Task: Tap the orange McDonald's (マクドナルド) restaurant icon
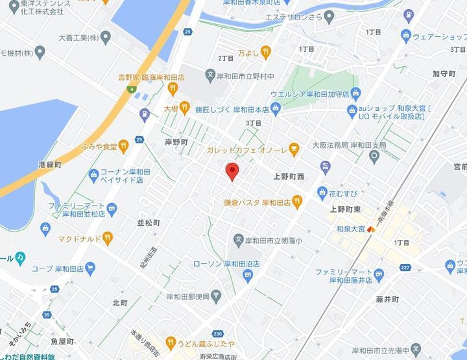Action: point(108,237)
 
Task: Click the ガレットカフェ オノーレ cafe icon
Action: point(294,150)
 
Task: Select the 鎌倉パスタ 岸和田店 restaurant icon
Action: point(297,202)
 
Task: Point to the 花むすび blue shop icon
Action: point(322,192)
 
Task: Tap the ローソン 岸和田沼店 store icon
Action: point(246,276)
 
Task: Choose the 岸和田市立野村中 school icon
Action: point(210,76)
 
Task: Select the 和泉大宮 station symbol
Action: point(370,229)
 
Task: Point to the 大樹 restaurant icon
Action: point(185,108)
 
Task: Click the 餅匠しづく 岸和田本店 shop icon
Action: point(276,109)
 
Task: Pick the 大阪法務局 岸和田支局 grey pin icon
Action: point(374,156)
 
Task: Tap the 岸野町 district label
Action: point(175,141)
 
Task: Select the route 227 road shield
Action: point(405,267)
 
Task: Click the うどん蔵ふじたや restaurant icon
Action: point(171,341)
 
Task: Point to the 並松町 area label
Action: point(149,222)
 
